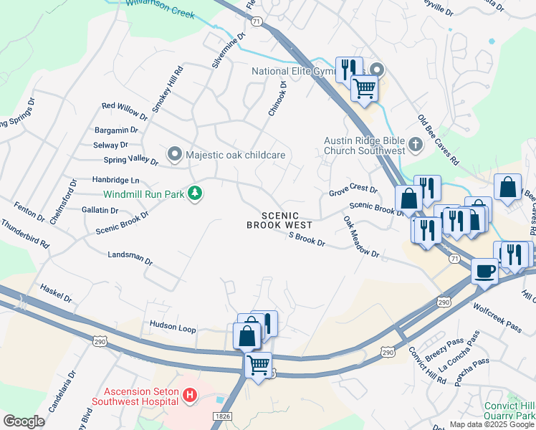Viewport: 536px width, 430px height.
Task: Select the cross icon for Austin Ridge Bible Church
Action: point(415,145)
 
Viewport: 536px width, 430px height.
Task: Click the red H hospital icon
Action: point(189,395)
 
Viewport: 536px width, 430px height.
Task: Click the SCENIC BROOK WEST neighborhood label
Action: point(279,220)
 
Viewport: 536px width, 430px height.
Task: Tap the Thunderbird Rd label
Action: point(25,234)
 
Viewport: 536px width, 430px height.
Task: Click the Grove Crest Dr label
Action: point(353,190)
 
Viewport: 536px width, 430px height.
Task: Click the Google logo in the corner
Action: point(24,421)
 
